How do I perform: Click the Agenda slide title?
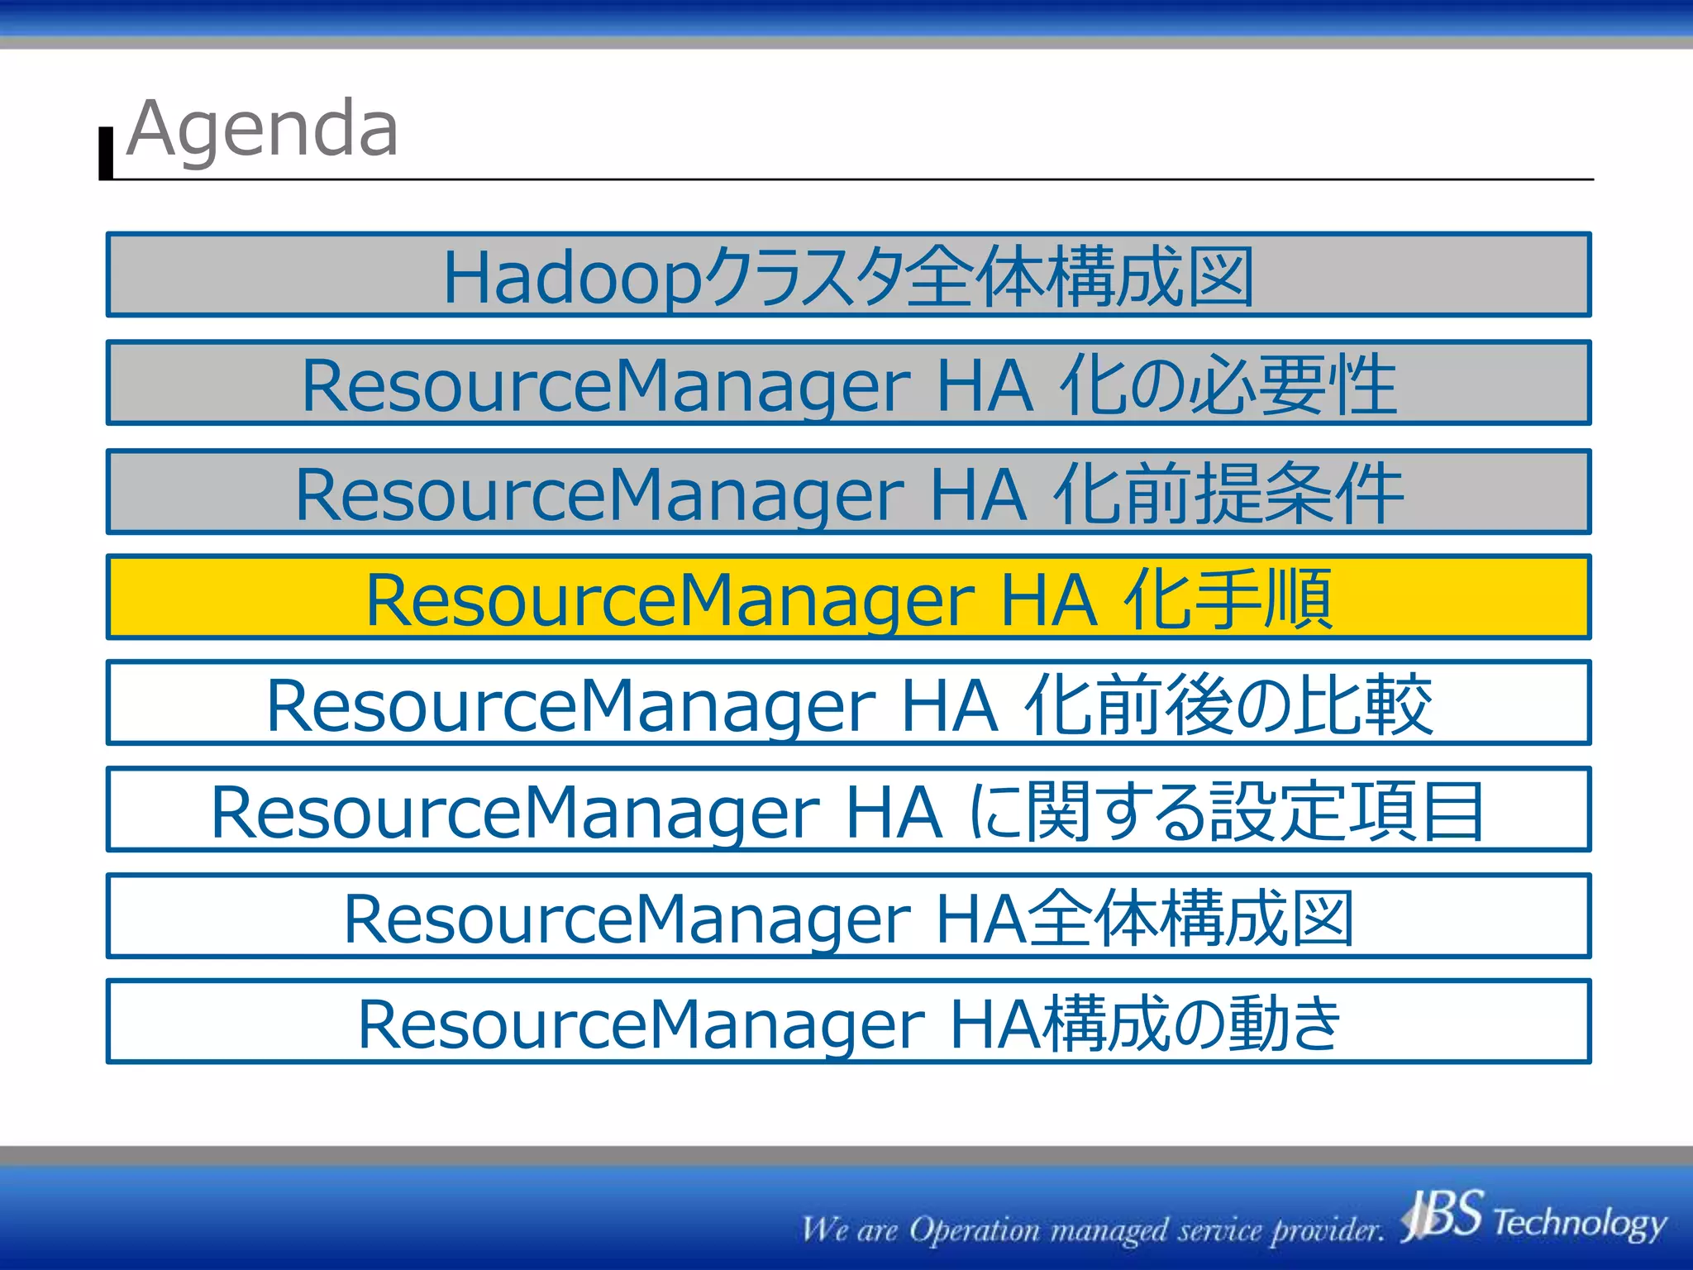click(x=263, y=128)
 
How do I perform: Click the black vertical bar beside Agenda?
click(x=106, y=154)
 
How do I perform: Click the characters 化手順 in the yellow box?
click(x=1228, y=599)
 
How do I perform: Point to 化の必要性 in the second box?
click(x=1228, y=384)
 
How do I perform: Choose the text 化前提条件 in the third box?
click(x=1228, y=493)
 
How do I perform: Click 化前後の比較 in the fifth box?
click(x=1228, y=704)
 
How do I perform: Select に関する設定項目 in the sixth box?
click(x=1226, y=811)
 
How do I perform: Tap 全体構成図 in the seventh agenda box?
click(x=1191, y=918)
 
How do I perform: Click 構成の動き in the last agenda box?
click(x=1191, y=1024)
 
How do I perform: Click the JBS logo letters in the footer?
click(x=1443, y=1215)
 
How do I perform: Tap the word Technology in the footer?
click(x=1580, y=1222)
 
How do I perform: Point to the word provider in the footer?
click(x=1327, y=1230)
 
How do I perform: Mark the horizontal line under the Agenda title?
click(x=851, y=179)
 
